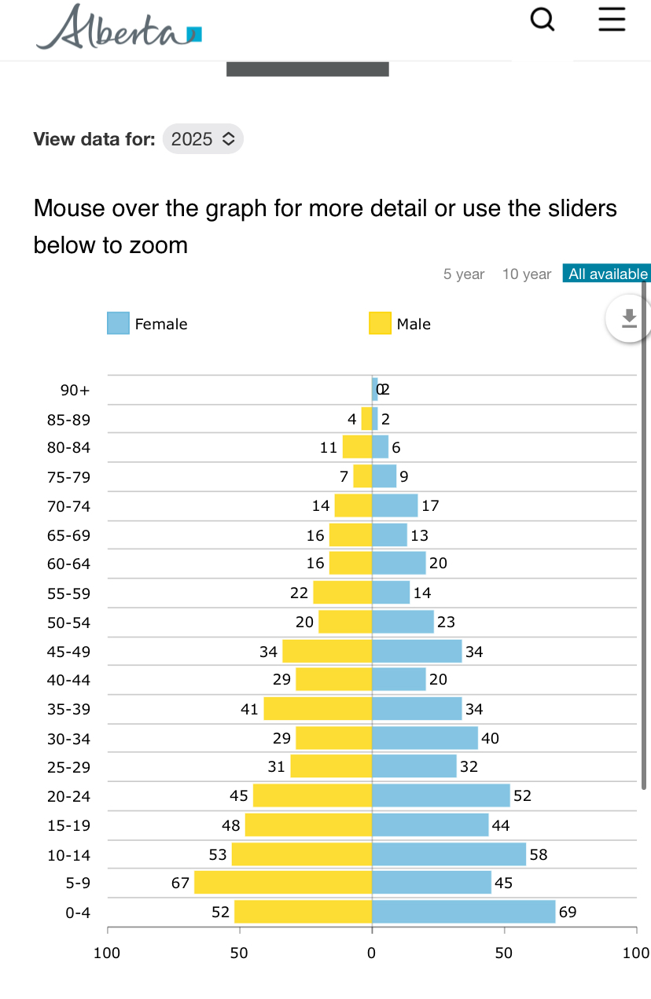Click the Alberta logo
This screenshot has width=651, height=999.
pyautogui.click(x=118, y=28)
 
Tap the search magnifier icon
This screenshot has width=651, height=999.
pyautogui.click(x=542, y=19)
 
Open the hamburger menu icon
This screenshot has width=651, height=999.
pyautogui.click(x=612, y=19)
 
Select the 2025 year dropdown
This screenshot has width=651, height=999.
pyautogui.click(x=203, y=139)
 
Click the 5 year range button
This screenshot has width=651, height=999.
pyautogui.click(x=464, y=274)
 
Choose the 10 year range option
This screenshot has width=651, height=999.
pyautogui.click(x=527, y=274)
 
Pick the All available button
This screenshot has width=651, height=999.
pyautogui.click(x=608, y=274)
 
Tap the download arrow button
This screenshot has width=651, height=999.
pyautogui.click(x=628, y=318)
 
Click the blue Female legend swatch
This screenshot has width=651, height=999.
pyautogui.click(x=118, y=323)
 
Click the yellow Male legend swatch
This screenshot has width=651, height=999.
pyautogui.click(x=380, y=323)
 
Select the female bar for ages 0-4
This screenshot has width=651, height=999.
pyautogui.click(x=463, y=912)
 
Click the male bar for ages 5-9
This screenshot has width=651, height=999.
pyautogui.click(x=283, y=883)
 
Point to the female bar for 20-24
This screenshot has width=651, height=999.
pyautogui.click(x=440, y=795)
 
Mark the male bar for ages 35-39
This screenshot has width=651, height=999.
pyautogui.click(x=318, y=709)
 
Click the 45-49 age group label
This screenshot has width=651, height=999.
pyautogui.click(x=68, y=652)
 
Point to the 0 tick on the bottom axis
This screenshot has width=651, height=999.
pyautogui.click(x=372, y=953)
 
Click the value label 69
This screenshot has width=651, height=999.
pyautogui.click(x=568, y=913)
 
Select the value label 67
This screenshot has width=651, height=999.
pyautogui.click(x=181, y=883)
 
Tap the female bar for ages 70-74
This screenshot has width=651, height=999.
pyautogui.click(x=395, y=505)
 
